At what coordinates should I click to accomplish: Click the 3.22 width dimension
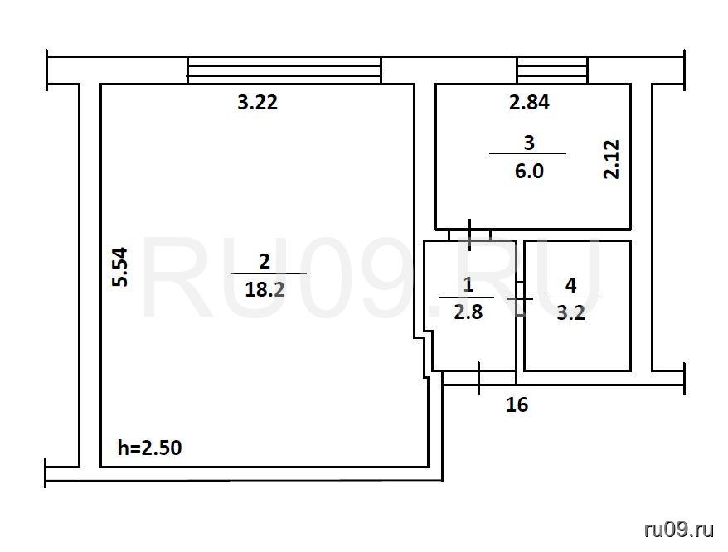coord(258,102)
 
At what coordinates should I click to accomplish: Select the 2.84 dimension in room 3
coord(529,102)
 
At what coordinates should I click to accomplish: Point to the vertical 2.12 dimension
coord(611,159)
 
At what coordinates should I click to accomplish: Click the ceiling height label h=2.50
coord(149,448)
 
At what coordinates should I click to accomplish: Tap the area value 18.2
coord(265,290)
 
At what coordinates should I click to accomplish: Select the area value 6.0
coord(529,171)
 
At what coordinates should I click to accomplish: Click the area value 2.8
coord(468,312)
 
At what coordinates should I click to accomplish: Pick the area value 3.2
coord(571,313)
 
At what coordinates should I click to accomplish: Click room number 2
coord(265,261)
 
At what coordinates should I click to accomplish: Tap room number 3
coord(529,143)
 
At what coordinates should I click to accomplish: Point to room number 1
coord(468,284)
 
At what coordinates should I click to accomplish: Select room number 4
coord(571,285)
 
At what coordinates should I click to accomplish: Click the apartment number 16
coord(517,404)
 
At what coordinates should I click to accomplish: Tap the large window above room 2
coord(284,70)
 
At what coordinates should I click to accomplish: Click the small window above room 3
coord(552,70)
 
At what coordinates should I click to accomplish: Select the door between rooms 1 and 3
coord(470,235)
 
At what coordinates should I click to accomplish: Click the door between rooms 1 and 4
coord(520,298)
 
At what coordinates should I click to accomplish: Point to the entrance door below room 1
coord(479,378)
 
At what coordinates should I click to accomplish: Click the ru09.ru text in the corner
coord(679,530)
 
